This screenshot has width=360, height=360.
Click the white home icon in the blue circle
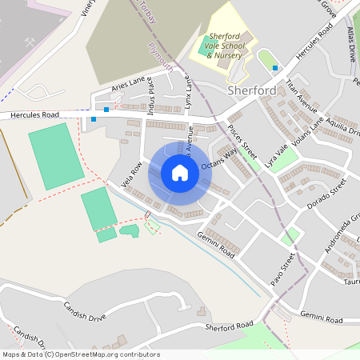tap(179, 173)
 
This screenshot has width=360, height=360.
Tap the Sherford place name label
tap(251, 90)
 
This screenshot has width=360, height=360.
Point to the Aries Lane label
tap(128, 84)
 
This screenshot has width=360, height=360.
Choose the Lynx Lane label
tap(189, 93)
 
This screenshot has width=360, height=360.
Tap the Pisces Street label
tap(241, 140)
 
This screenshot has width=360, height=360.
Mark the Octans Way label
tap(219, 158)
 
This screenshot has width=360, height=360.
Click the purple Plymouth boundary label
tap(160, 58)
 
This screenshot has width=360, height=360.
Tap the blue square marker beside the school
tap(275, 68)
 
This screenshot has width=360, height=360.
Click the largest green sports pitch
tap(56, 155)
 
